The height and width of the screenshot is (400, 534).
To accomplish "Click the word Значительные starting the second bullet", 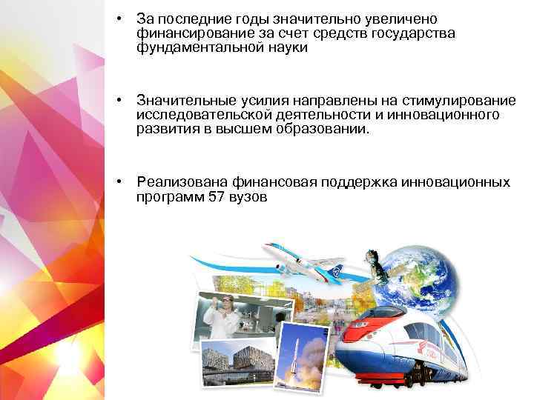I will click(x=186, y=100).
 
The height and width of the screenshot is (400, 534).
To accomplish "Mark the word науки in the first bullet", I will click(x=286, y=48).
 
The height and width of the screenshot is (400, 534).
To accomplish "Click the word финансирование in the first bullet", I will click(x=189, y=33).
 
